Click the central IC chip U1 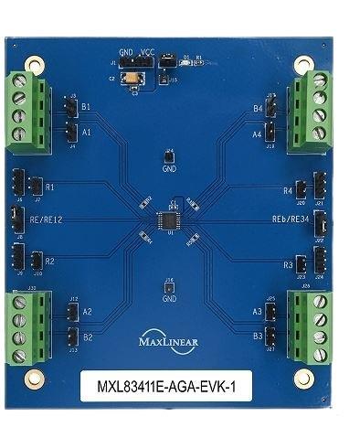pyautogui.click(x=169, y=220)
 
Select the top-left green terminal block pyautogui.click(x=27, y=112)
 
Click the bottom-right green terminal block pyautogui.click(x=309, y=325)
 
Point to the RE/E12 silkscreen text pyautogui.click(x=46, y=219)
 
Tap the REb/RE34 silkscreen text pyautogui.click(x=291, y=220)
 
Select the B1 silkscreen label pyautogui.click(x=87, y=107)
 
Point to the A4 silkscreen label pyautogui.click(x=258, y=134)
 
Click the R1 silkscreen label pyautogui.click(x=50, y=187)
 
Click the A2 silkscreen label pyautogui.click(x=87, y=312)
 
